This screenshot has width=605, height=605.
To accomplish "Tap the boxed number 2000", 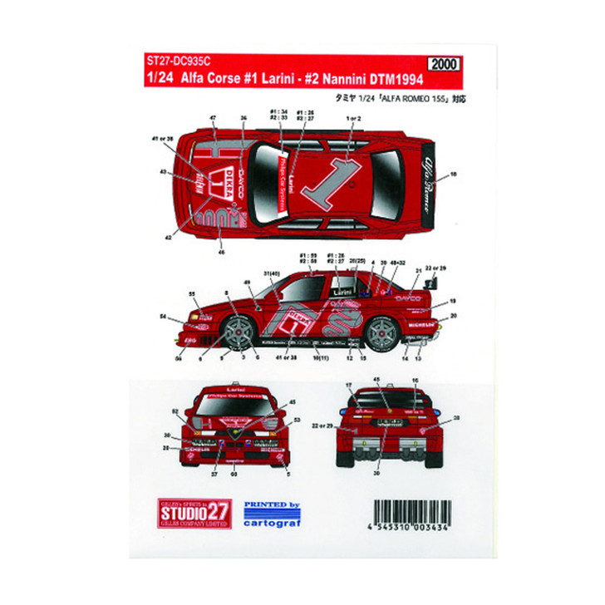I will click(x=445, y=63).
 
